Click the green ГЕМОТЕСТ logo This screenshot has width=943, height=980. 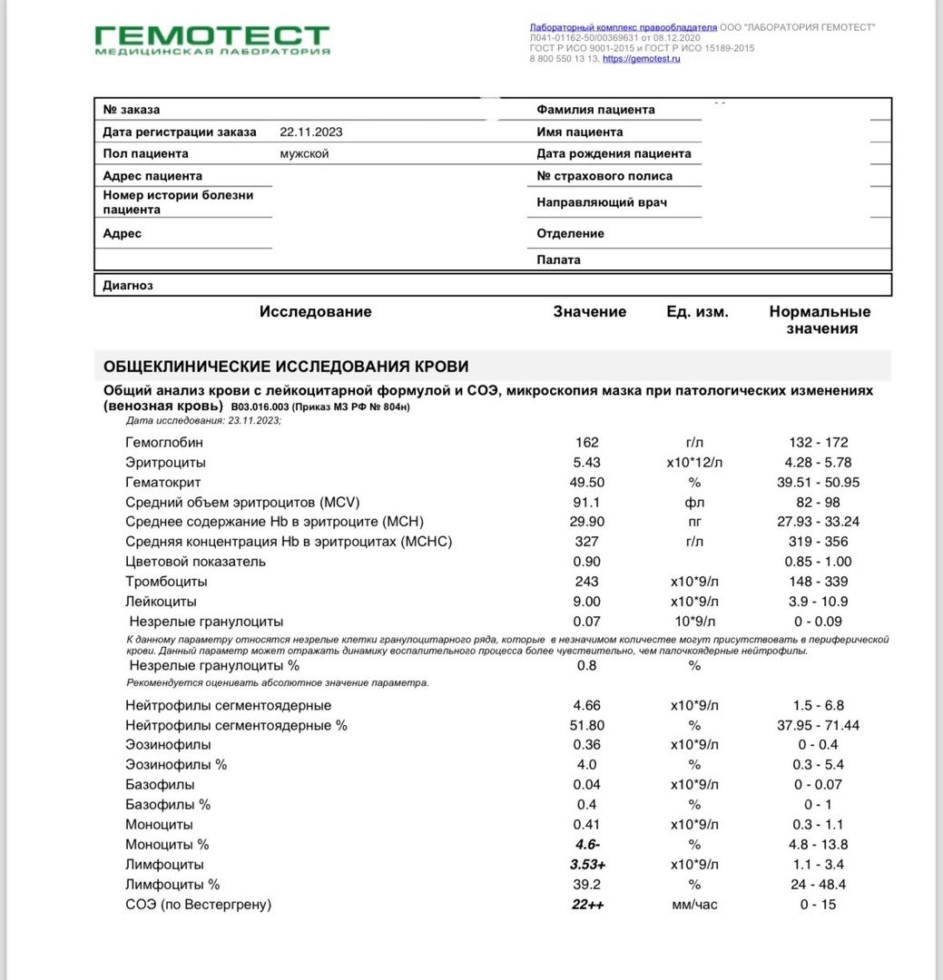212,40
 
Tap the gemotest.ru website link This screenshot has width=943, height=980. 641,59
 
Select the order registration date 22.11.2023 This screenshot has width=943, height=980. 311,132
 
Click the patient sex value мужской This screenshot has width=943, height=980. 304,153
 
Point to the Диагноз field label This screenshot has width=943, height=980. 128,285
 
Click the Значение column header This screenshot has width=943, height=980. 590,312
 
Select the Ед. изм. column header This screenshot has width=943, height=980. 697,312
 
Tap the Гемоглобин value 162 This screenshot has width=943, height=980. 587,443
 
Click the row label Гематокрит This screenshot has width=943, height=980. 163,483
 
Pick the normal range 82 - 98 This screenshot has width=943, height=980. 818,503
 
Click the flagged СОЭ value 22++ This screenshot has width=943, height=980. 587,905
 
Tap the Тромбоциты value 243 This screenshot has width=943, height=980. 587,582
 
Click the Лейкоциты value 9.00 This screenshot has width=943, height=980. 587,602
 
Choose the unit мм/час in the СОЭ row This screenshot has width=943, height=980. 694,905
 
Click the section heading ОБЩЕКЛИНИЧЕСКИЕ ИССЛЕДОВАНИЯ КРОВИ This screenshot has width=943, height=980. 286,367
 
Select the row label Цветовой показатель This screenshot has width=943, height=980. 196,562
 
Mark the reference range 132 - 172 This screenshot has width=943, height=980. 819,443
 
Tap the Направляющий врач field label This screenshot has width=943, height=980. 602,202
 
